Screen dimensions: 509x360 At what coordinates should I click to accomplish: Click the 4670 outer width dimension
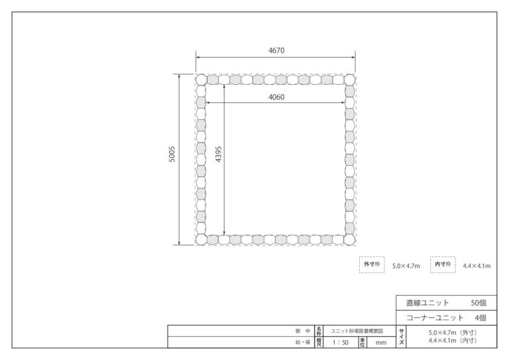click(276, 50)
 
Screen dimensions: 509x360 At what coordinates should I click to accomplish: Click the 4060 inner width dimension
click(276, 97)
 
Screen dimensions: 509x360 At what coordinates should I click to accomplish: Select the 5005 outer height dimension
click(172, 154)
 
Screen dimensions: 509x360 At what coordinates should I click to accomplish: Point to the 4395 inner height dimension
click(219, 154)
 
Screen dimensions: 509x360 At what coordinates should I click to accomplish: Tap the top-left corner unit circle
click(201, 80)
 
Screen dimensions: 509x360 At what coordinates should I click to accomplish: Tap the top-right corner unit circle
click(350, 80)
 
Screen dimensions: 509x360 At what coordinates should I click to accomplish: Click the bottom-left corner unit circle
click(201, 239)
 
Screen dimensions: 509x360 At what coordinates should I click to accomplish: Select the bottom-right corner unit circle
click(350, 239)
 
